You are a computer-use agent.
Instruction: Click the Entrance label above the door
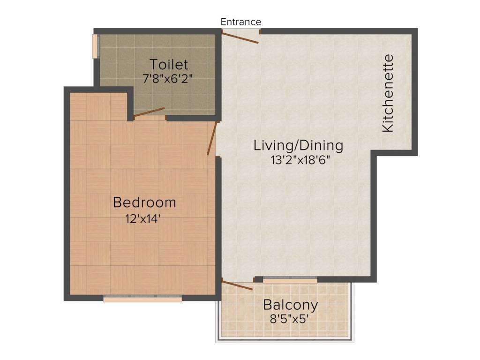(241, 22)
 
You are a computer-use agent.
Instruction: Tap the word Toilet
(169, 65)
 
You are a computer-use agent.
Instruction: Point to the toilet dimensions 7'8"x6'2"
(168, 79)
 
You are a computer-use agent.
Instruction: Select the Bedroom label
(144, 202)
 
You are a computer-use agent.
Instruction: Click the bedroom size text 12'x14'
(143, 219)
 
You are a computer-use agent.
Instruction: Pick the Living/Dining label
(299, 145)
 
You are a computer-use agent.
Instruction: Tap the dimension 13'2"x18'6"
(300, 160)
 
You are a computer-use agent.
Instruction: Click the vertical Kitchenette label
(388, 93)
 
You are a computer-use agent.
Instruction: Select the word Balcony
(291, 305)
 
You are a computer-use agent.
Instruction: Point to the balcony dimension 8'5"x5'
(289, 319)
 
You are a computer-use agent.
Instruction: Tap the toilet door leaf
(149, 112)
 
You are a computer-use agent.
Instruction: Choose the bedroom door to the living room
(212, 138)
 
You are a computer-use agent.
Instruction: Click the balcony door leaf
(237, 285)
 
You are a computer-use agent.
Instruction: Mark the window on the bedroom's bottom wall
(142, 298)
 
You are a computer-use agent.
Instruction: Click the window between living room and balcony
(290, 280)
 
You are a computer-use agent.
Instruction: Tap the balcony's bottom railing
(285, 339)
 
